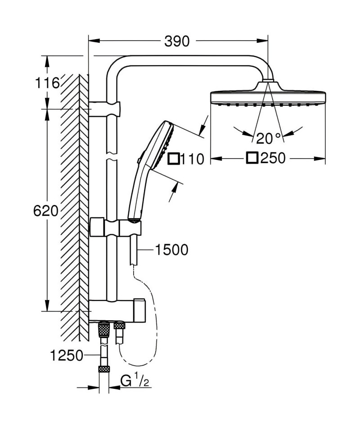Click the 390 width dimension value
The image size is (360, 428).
click(x=177, y=41)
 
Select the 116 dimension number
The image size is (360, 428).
click(x=47, y=83)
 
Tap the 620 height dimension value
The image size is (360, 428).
click(x=46, y=211)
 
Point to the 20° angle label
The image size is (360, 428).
click(x=268, y=138)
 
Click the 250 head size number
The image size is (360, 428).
click(x=273, y=158)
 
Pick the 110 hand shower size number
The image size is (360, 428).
click(x=192, y=159)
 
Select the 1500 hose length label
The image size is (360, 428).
click(x=171, y=250)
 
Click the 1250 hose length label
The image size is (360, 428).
click(x=67, y=355)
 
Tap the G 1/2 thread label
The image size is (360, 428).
click(x=135, y=381)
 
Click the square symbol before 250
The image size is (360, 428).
click(x=252, y=158)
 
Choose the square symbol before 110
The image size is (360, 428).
click(x=174, y=159)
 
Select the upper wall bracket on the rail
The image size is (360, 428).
click(x=104, y=109)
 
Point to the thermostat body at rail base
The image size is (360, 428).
click(x=117, y=310)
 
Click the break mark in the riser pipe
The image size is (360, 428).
click(x=112, y=156)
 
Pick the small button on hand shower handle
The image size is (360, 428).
click(x=139, y=160)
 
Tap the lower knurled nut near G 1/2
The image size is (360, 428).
click(x=104, y=369)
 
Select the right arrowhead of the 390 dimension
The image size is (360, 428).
click(x=262, y=41)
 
